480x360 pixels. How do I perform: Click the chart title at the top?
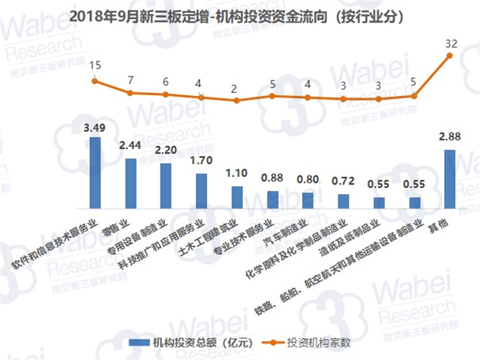point(240,16)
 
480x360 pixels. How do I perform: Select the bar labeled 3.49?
point(94,172)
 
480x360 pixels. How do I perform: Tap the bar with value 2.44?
point(130,183)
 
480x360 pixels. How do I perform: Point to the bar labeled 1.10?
point(236,196)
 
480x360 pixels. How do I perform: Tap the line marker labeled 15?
point(94,81)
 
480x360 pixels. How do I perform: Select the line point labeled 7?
point(130,93)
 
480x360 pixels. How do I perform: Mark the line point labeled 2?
point(236,100)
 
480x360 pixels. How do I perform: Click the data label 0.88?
point(271,178)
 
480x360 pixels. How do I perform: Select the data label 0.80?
point(307,179)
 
